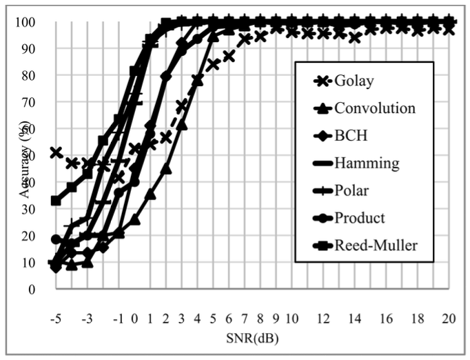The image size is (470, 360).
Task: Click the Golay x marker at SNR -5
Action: tap(56, 152)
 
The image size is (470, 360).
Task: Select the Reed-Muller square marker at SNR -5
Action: tap(56, 201)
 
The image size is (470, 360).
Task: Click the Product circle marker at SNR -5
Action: tap(56, 239)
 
